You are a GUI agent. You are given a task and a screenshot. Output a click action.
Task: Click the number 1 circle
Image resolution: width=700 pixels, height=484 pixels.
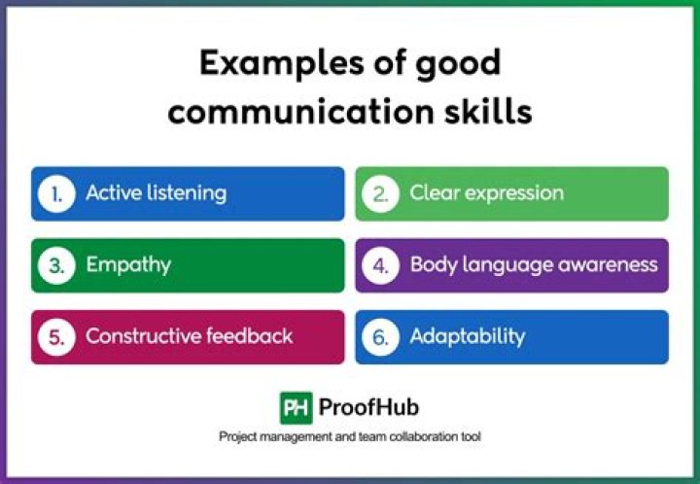(57, 193)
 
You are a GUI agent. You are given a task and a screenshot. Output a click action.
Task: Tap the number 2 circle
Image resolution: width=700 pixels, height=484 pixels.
(381, 193)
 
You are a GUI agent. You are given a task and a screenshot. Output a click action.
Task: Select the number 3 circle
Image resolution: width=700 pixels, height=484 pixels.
(57, 265)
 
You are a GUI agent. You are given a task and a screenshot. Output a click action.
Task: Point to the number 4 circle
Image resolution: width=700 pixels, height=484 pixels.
(381, 265)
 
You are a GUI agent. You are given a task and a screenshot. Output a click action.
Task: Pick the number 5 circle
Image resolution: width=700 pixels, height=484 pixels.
(57, 337)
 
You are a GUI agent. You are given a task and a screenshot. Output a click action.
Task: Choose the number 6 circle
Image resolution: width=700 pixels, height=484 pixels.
(381, 337)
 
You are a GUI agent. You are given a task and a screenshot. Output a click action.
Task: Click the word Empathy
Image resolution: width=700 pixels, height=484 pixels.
(128, 265)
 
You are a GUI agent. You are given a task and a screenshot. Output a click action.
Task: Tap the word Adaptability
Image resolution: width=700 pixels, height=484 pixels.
(467, 337)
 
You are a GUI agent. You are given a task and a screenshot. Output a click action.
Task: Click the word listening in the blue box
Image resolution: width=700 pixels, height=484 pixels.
(186, 193)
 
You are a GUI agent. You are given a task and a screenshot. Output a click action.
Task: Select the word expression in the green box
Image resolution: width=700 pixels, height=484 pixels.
(514, 193)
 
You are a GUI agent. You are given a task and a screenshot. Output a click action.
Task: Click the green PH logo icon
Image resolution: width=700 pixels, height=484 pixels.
(296, 407)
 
